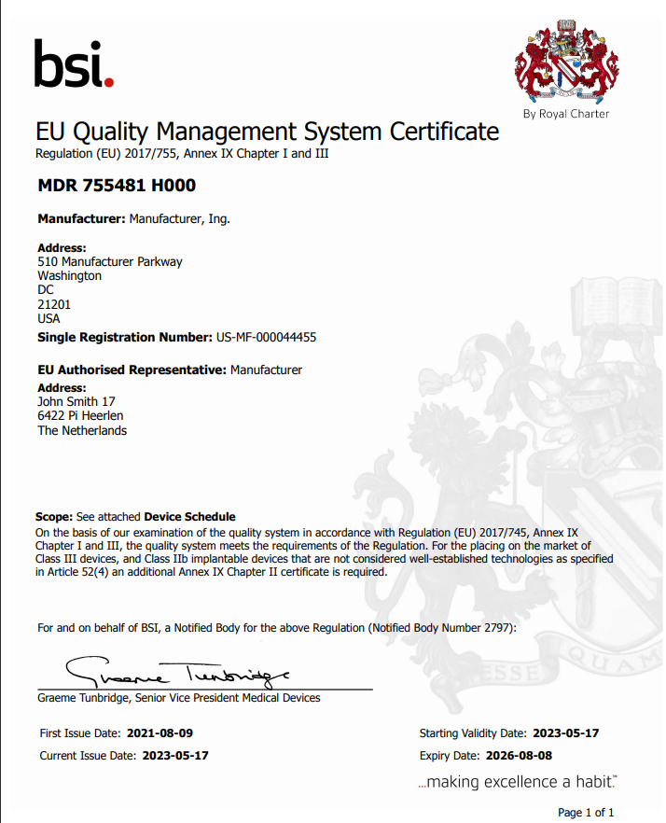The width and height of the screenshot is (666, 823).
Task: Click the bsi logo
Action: coord(73,63)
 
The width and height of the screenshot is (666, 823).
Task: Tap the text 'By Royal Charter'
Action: coord(566,114)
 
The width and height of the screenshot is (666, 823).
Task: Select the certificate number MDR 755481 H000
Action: coord(117,186)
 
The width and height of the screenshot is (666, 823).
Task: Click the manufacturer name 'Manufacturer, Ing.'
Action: coord(179,219)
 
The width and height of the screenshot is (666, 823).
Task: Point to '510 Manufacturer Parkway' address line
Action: coord(110,262)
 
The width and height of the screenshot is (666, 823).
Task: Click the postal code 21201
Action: coord(54,304)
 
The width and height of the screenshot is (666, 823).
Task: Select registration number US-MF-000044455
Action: coord(271,337)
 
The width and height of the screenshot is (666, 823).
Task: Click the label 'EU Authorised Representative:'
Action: coord(132,370)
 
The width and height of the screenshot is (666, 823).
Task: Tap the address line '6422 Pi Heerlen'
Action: coord(80,416)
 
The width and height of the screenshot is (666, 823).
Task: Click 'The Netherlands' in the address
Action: coord(82,431)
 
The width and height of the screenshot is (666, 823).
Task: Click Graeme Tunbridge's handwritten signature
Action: coord(177,670)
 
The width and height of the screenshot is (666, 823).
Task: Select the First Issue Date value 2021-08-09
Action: coord(160,733)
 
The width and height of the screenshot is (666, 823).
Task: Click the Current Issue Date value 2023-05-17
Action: coord(175,756)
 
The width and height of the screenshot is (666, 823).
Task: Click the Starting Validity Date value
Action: coord(565,733)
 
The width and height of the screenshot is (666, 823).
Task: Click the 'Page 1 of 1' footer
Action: coord(586,812)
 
